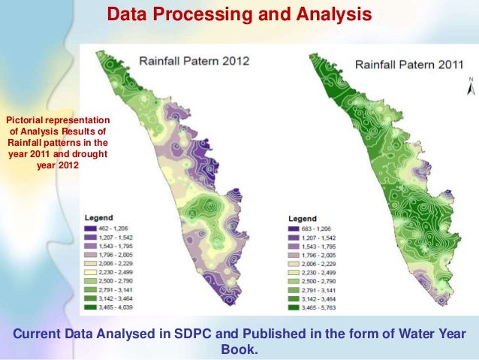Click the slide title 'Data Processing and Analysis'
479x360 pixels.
tap(239, 14)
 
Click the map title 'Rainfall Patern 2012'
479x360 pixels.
tap(192, 60)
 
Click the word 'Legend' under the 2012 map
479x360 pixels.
tap(98, 216)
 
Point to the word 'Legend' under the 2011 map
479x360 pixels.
tap(303, 218)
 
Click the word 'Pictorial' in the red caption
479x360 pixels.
tap(26, 119)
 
